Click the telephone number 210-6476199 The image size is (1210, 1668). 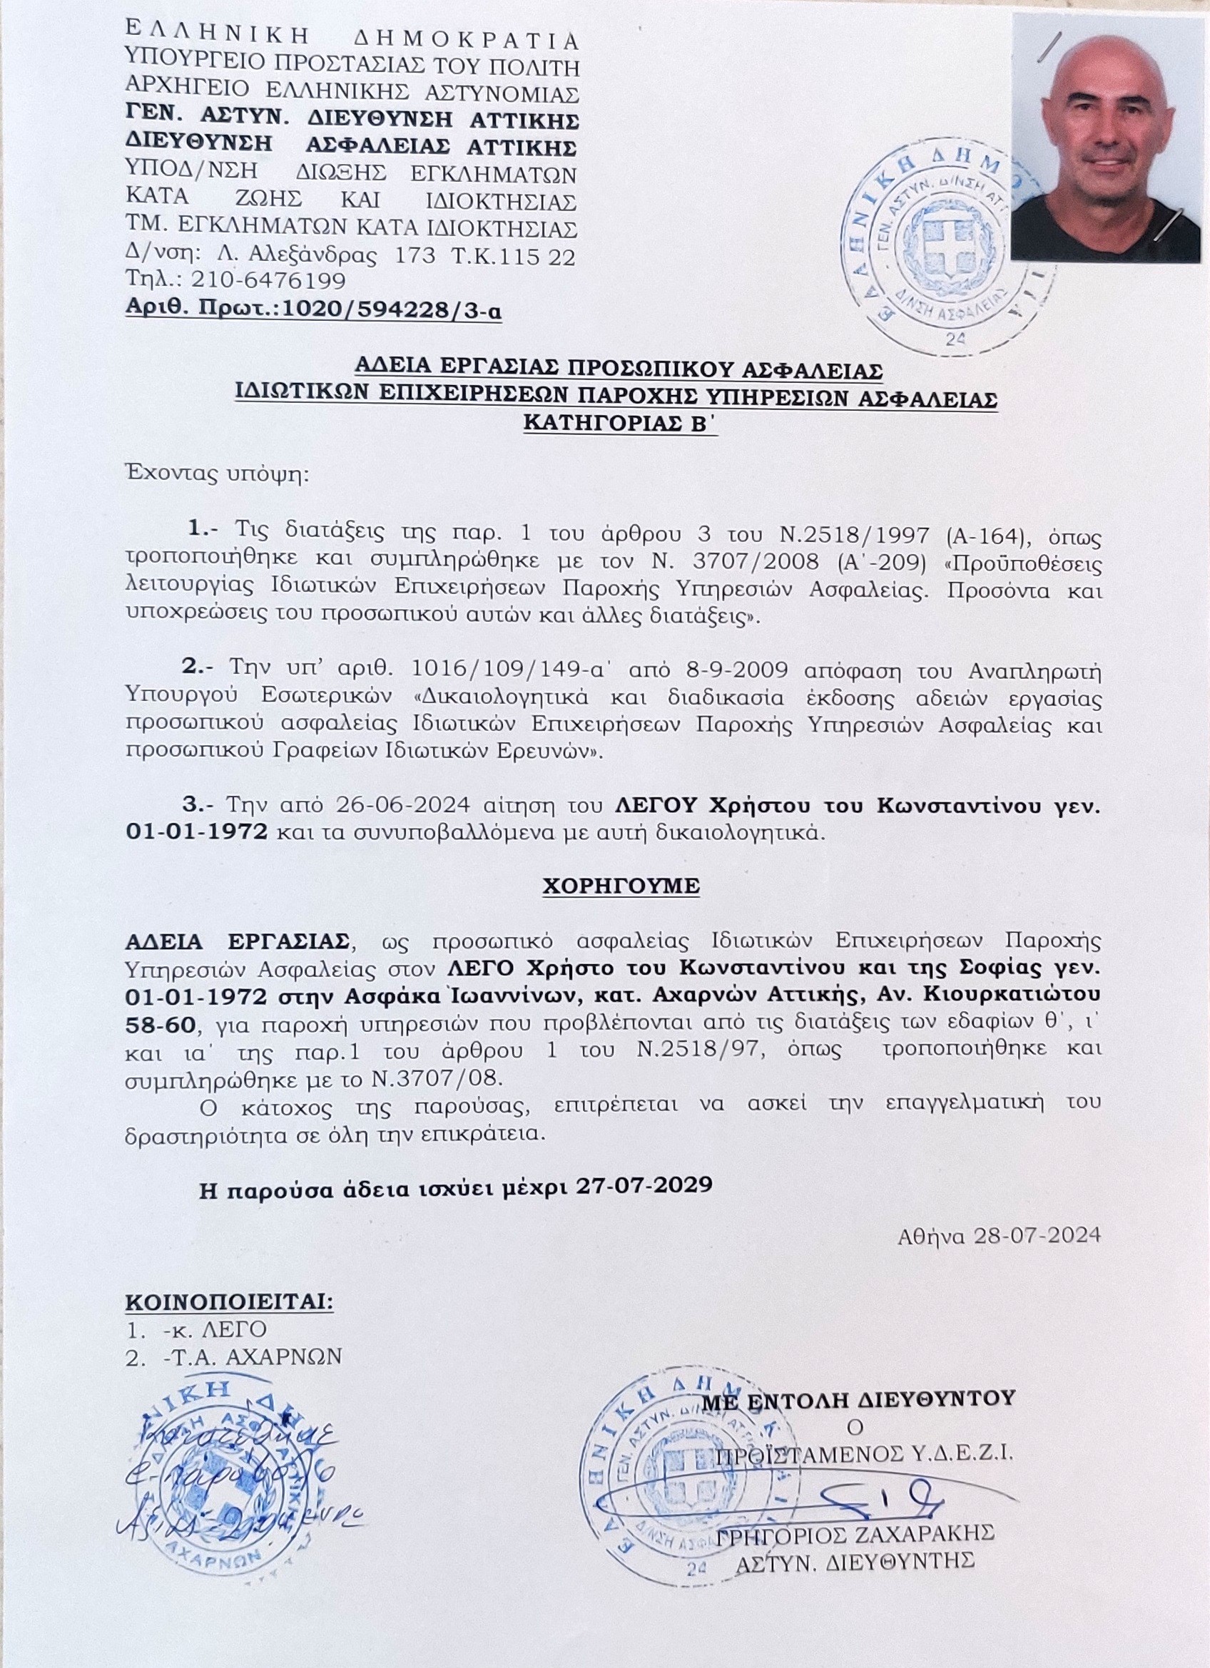coord(268,281)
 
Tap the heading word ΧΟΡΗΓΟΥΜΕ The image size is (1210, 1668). coord(621,886)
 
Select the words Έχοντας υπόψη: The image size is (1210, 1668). coord(218,473)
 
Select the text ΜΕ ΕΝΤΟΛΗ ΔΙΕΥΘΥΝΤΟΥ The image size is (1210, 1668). coord(858,1398)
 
